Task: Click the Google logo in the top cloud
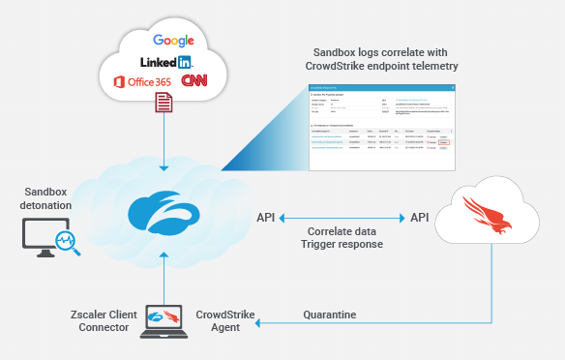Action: pos(173,41)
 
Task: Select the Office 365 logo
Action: pos(143,82)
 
